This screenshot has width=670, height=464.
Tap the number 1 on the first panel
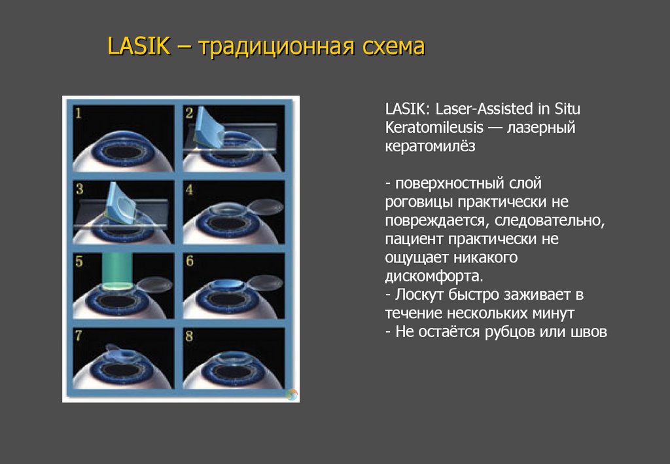click(79, 114)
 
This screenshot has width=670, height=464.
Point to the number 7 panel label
click(79, 336)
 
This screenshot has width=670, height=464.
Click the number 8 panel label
click(189, 336)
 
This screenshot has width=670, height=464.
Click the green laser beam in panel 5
click(122, 270)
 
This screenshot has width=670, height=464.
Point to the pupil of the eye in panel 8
click(232, 372)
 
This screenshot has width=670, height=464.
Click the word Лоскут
click(414, 293)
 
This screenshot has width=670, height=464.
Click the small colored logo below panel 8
click(292, 394)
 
